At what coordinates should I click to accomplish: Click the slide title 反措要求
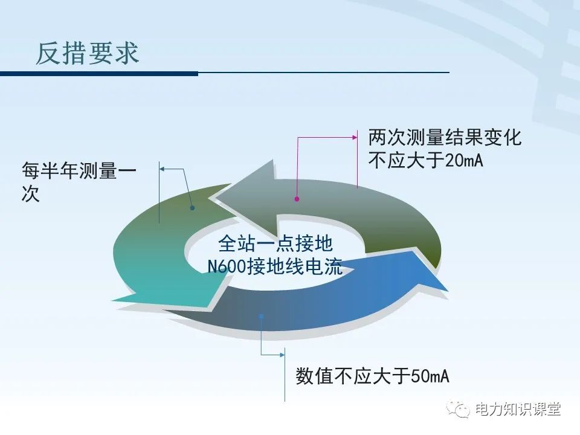(88, 53)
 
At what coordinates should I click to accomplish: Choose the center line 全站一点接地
(275, 244)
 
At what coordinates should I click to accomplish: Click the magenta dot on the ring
(297, 198)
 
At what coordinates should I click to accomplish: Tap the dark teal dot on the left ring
(192, 208)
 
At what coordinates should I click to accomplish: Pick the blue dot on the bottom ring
(261, 315)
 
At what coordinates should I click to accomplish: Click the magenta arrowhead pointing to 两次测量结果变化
(355, 138)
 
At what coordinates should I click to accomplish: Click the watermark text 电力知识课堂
(518, 409)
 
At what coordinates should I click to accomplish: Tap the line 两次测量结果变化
(445, 138)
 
